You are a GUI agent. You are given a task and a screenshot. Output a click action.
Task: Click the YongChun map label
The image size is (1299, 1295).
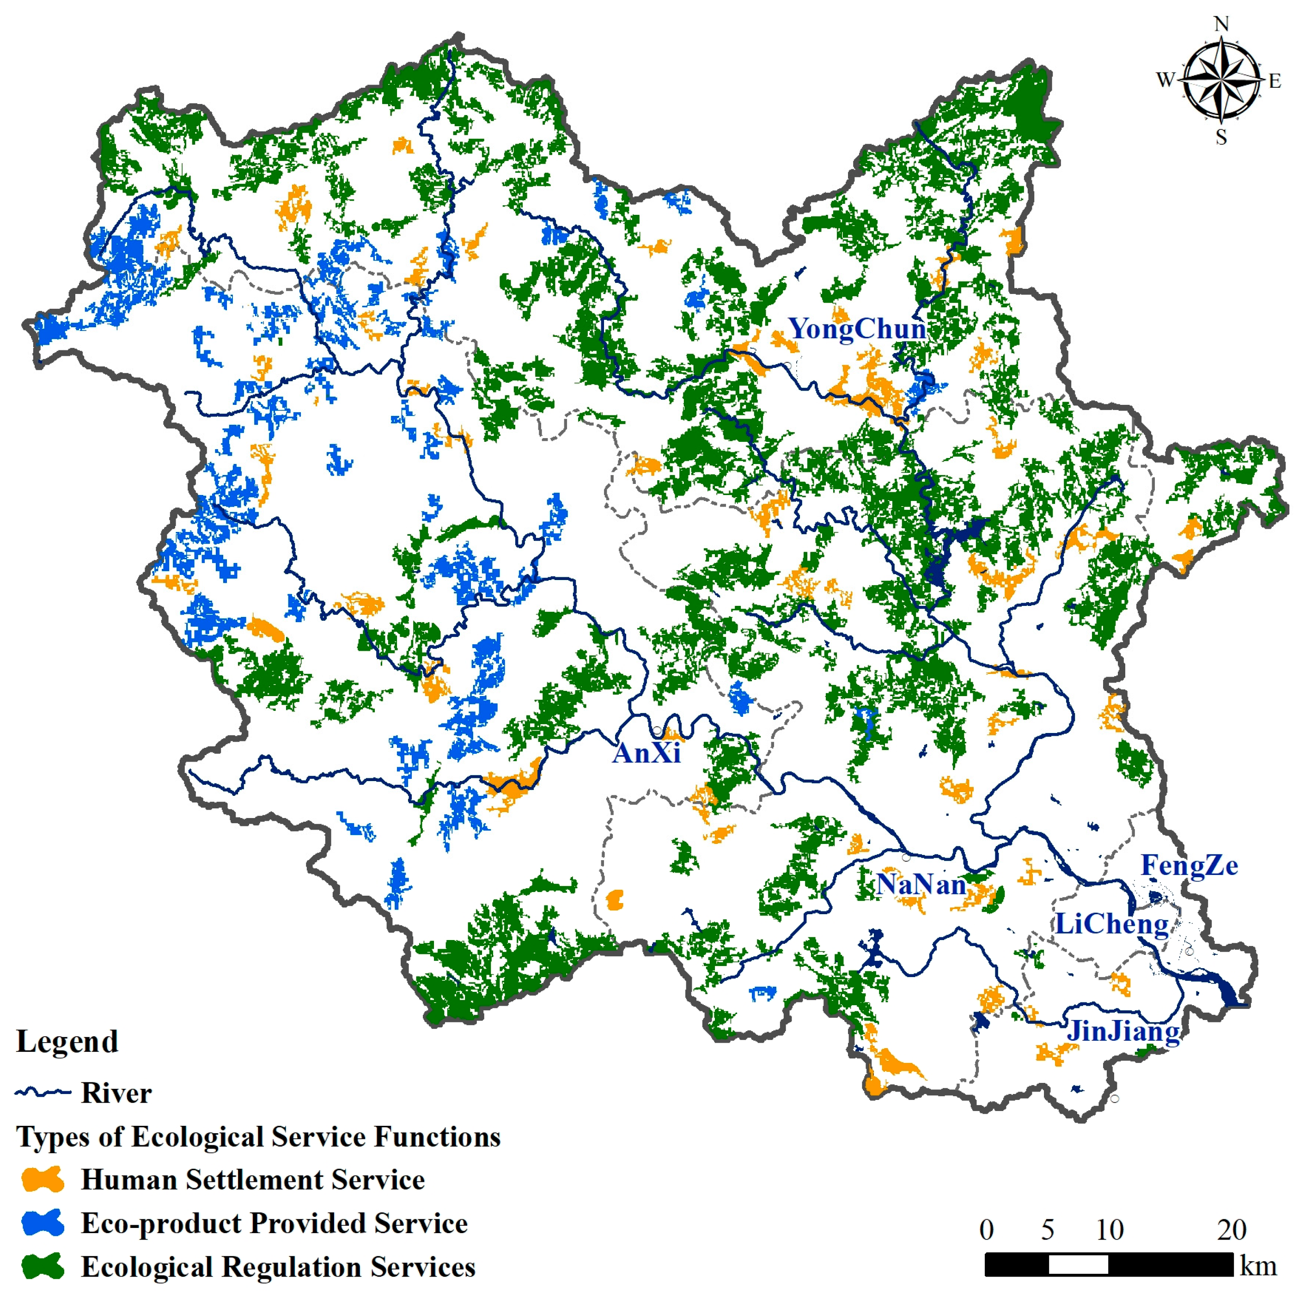(857, 329)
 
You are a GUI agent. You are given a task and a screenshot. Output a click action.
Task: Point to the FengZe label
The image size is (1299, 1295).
(1189, 865)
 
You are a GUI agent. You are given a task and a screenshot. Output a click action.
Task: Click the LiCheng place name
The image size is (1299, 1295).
(1111, 924)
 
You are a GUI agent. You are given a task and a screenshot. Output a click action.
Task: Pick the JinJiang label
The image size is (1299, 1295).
(1123, 1031)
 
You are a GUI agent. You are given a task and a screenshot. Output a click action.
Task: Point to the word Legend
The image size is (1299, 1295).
(67, 1042)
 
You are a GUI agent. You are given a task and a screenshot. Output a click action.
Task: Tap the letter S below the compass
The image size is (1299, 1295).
(1221, 137)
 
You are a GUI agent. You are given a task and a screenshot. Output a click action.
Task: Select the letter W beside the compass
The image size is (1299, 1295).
(1165, 80)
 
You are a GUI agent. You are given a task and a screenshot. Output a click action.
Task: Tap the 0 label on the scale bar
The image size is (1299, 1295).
(986, 1230)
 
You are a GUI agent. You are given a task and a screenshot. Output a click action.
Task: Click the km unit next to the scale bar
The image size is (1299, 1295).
(1258, 1266)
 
